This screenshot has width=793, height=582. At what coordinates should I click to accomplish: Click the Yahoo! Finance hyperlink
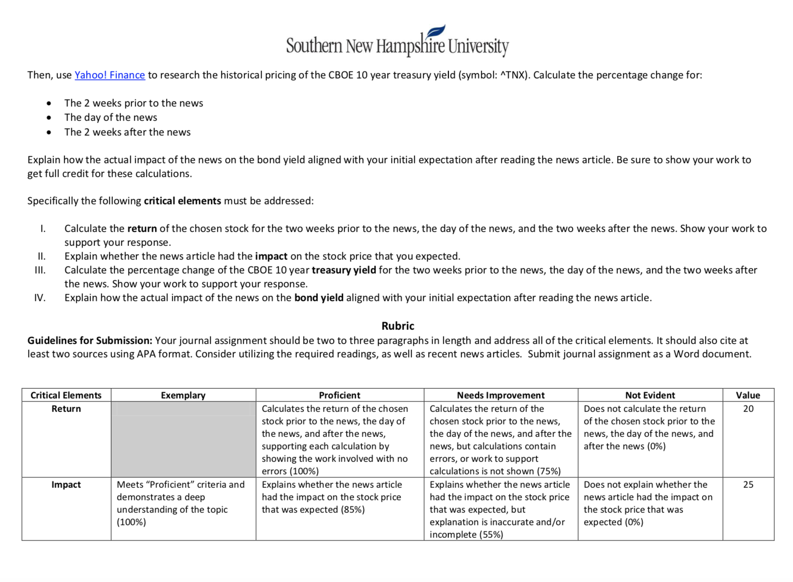[109, 75]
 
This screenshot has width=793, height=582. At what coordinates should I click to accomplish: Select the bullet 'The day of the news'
[111, 117]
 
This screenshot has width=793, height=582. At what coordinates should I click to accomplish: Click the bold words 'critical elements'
[182, 201]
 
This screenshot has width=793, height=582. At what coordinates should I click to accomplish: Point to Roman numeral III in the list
[40, 270]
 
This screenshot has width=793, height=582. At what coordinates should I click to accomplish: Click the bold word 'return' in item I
[142, 229]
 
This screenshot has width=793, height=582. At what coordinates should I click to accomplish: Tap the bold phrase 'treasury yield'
[343, 270]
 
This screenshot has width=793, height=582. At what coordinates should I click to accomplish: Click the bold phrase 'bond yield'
[318, 298]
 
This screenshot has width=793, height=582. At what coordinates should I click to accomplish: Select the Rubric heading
[397, 326]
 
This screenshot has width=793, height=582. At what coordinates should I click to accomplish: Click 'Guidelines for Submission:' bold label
[90, 341]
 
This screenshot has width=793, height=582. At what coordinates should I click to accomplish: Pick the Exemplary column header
[183, 395]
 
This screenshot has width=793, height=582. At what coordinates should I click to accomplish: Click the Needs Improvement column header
[501, 395]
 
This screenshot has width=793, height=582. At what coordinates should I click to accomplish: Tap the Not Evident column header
[650, 395]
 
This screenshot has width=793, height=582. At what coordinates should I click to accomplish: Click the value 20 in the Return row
[748, 409]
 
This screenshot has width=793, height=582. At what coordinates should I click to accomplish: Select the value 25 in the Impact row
[748, 485]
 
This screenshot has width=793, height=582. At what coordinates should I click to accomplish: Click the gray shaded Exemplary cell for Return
[183, 440]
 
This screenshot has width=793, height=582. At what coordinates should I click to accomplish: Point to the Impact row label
[66, 485]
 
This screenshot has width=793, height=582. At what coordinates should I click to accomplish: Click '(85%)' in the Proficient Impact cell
[353, 510]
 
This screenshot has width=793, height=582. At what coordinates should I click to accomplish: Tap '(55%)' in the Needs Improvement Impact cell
[491, 535]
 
